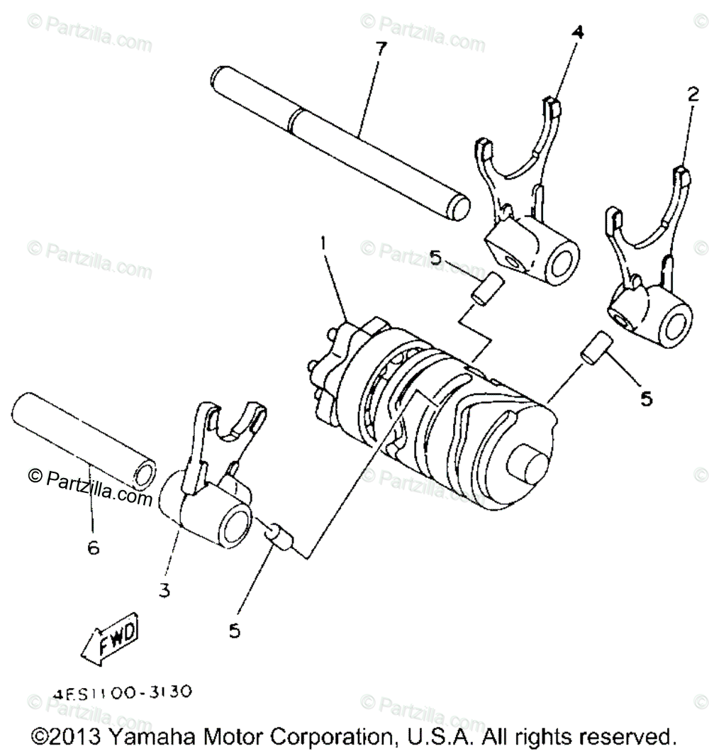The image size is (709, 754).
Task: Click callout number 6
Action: coord(94,548)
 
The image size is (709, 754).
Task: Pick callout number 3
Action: coord(164,590)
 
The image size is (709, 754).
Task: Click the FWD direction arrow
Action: coord(111,637)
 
